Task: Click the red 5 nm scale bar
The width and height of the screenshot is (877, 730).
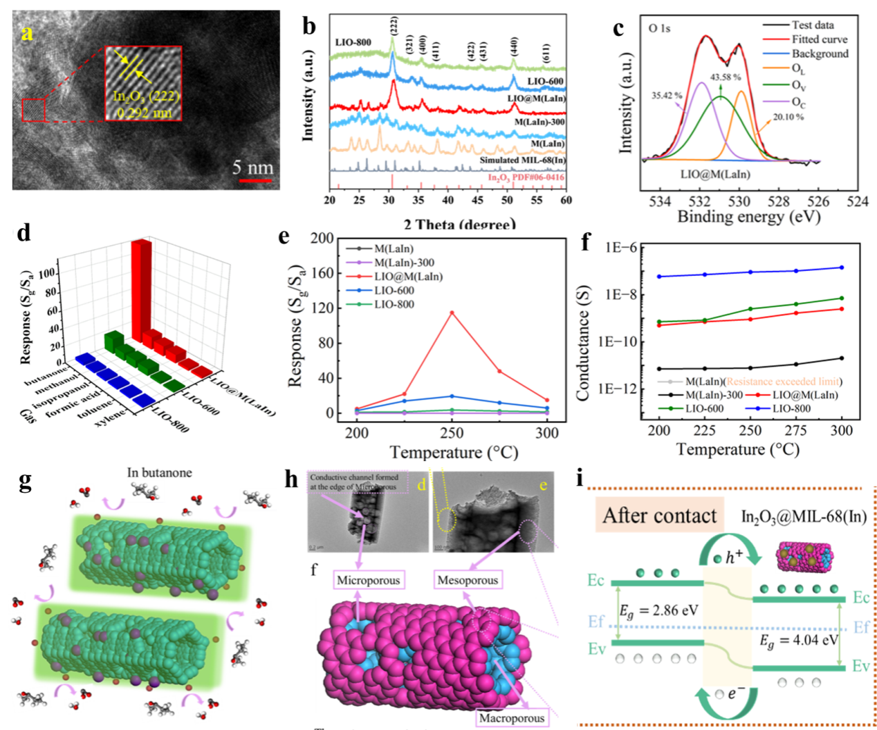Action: click(x=255, y=181)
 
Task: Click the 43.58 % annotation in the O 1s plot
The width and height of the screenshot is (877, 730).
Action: click(x=726, y=77)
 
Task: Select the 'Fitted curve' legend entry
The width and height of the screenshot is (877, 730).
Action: click(x=820, y=39)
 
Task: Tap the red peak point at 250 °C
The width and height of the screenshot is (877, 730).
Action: click(x=452, y=312)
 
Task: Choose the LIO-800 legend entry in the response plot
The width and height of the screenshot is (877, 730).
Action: click(x=394, y=304)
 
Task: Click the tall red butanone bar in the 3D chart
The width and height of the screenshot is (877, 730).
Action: click(x=142, y=290)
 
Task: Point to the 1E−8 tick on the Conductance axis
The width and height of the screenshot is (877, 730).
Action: click(x=620, y=295)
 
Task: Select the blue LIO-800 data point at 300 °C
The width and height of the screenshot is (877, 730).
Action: click(x=842, y=268)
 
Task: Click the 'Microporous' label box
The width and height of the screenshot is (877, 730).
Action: click(x=368, y=580)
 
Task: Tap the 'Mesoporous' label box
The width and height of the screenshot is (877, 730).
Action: click(x=468, y=580)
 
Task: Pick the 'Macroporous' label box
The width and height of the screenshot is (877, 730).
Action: click(x=512, y=718)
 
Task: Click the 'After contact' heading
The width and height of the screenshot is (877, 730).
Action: click(x=660, y=516)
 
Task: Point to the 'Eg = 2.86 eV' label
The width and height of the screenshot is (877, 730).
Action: click(x=658, y=611)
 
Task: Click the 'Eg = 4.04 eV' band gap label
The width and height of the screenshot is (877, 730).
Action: click(x=799, y=640)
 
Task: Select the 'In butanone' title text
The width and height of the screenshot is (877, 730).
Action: click(x=160, y=473)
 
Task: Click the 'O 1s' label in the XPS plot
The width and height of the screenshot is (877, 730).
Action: click(x=659, y=28)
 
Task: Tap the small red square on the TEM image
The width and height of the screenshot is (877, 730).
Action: click(x=33, y=110)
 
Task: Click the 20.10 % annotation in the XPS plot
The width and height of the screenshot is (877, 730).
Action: click(x=788, y=117)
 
